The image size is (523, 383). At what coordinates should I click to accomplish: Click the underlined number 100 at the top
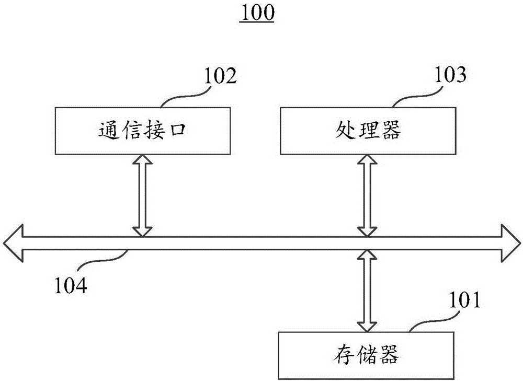256,13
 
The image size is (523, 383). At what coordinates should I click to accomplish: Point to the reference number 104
72,285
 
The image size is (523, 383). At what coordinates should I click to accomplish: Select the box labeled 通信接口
142,131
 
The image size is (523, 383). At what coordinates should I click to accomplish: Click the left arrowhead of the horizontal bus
13,242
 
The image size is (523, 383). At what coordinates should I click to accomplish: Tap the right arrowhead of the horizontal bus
509,242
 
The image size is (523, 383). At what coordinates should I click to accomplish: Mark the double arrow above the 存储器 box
367,291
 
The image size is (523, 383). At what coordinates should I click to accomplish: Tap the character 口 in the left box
177,131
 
